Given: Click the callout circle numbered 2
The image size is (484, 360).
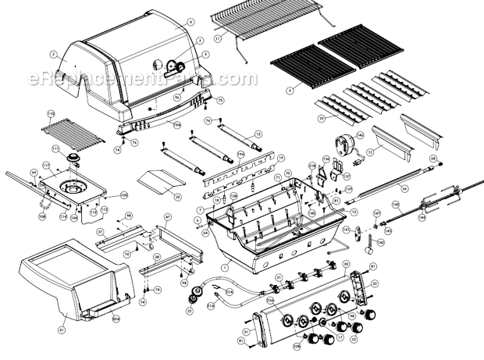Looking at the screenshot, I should (x=53, y=54).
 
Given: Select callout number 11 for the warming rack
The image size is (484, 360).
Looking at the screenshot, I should (x=219, y=37).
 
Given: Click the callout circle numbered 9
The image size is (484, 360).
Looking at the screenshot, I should (x=290, y=91).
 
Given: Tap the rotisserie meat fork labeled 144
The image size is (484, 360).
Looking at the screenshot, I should (x=431, y=206).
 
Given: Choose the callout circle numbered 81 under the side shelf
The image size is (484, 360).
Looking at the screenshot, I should (x=62, y=329).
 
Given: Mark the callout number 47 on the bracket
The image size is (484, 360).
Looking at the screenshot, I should (x=167, y=216).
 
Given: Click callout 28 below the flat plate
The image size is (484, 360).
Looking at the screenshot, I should (x=177, y=197).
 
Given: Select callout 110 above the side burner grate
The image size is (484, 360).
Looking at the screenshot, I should (x=51, y=113).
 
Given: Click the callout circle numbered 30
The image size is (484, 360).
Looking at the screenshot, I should (x=346, y=264).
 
